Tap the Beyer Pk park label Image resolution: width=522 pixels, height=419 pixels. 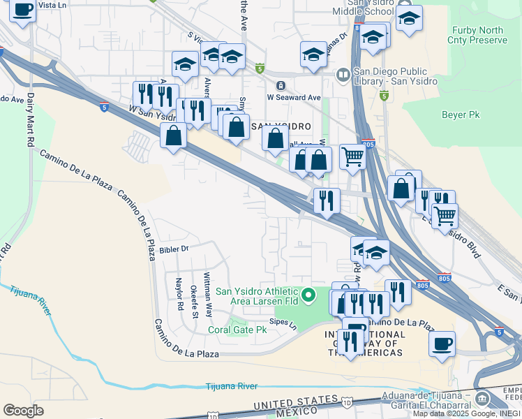(x=461, y=114)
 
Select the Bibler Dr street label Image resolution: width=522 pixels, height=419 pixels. (x=174, y=249)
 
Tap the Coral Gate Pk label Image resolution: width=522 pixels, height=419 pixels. (x=238, y=330)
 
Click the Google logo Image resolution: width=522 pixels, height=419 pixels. (x=23, y=411)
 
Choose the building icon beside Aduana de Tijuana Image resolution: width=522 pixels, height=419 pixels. (x=482, y=399)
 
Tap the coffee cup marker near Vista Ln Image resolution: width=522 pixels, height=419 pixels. (x=23, y=10)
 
